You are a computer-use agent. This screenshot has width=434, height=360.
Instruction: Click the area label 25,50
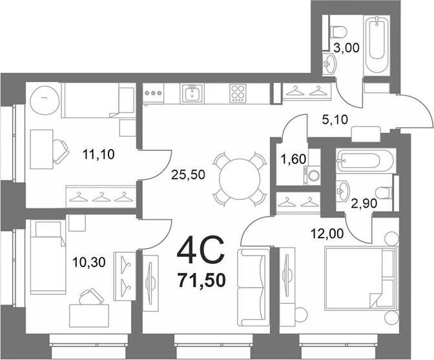(188, 174)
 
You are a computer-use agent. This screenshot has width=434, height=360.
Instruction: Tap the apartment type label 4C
(200, 250)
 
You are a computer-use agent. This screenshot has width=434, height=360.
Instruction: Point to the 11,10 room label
(98, 154)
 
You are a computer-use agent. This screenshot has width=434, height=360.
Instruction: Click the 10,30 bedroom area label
(88, 262)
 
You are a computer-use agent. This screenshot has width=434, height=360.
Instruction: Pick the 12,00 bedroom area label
(327, 234)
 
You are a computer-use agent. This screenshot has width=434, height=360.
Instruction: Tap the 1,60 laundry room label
(294, 159)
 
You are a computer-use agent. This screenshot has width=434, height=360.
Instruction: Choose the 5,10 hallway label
(335, 120)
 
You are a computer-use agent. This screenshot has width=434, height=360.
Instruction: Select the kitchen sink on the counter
(192, 94)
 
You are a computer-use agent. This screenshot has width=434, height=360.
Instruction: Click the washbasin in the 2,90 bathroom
(342, 191)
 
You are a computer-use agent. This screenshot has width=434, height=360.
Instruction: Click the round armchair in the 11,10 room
(45, 99)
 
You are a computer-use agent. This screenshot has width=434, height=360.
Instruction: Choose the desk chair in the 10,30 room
(90, 297)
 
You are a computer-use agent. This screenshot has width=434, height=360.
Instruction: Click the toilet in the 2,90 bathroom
(384, 193)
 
